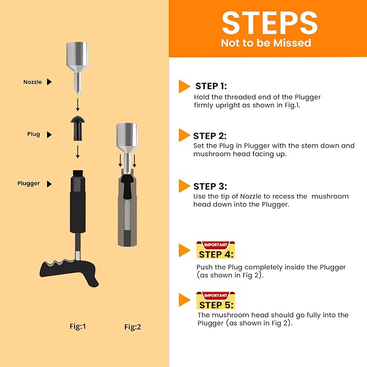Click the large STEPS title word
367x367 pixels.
tap(270, 23)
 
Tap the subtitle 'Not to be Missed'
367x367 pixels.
tap(266, 43)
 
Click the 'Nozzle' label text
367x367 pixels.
tap(32, 82)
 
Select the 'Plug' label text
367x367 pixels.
tap(34, 134)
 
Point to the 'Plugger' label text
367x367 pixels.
tap(29, 183)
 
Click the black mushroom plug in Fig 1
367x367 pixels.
tap(78, 128)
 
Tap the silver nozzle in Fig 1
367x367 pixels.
tap(77, 68)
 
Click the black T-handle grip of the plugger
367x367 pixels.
tap(69, 271)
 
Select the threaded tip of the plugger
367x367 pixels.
tap(78, 174)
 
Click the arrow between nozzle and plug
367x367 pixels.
tap(78, 105)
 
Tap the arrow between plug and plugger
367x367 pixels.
tap(78, 152)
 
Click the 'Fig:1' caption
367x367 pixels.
tap(78, 326)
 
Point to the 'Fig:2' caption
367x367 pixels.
tap(133, 327)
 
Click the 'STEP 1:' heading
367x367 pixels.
tap(211, 86)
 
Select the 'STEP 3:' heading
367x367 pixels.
tap(210, 186)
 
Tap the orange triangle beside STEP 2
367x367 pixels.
tap(184, 135)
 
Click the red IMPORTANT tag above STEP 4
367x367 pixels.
tap(216, 245)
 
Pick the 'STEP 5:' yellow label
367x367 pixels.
tap(216, 305)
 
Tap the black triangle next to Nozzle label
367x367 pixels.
tap(49, 82)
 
